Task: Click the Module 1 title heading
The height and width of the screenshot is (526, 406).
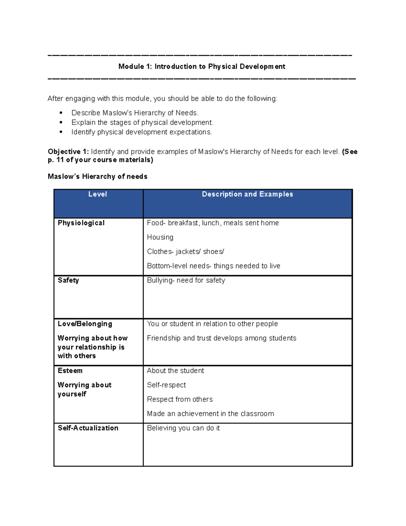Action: coord(202,66)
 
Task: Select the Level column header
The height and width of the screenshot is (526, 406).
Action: coord(97,194)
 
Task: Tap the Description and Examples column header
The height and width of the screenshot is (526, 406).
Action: coord(247,194)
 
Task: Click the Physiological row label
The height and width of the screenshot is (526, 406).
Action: coord(81,223)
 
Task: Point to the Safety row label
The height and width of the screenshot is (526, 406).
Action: coord(68,280)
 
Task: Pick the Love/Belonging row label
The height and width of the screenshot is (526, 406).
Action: coord(85,324)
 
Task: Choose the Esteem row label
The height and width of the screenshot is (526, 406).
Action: coord(70,371)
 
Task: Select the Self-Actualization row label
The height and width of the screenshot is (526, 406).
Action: coord(88,428)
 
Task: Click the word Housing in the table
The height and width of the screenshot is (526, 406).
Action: coord(160,237)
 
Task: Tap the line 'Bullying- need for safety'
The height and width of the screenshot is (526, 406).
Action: coord(186,280)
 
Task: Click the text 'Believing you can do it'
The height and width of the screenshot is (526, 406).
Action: coord(183,428)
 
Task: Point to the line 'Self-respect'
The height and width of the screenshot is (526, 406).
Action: coord(166,385)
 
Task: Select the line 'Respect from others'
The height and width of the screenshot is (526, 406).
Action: coord(180,399)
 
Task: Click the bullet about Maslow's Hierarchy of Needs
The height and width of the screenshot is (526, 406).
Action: coord(135,113)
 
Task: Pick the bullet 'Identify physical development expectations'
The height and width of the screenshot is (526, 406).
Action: coord(142,132)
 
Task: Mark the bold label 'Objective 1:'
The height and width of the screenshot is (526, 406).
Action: coord(68,151)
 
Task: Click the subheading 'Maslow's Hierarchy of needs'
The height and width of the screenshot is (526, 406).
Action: coord(97,176)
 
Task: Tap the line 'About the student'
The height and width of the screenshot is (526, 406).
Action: coord(176,371)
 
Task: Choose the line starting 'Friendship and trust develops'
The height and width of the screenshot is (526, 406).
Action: coord(222,338)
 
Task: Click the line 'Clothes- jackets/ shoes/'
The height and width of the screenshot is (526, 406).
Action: coord(186,252)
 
